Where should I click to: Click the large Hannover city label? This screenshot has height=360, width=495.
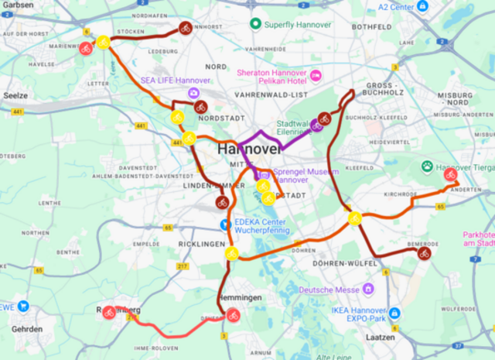pyautogui.click(x=247, y=149)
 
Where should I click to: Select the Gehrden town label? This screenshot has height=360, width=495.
pyautogui.click(x=26, y=329)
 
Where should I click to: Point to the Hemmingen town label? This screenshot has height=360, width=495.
pyautogui.click(x=240, y=298)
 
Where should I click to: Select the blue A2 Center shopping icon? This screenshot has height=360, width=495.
pyautogui.click(x=422, y=6)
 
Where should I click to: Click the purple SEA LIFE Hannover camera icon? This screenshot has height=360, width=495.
pyautogui.click(x=193, y=93)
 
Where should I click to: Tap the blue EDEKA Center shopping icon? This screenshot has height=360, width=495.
pyautogui.click(x=225, y=225)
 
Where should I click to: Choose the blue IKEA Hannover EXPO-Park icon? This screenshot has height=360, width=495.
pyautogui.click(x=394, y=313)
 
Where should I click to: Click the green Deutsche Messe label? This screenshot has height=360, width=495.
pyautogui.click(x=329, y=290)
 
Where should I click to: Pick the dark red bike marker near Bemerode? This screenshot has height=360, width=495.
pyautogui.click(x=423, y=253)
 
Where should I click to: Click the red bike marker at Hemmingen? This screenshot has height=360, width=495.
pyautogui.click(x=232, y=314)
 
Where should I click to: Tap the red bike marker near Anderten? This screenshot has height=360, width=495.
pyautogui.click(x=451, y=175)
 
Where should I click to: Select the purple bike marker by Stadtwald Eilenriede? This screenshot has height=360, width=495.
pyautogui.click(x=317, y=125)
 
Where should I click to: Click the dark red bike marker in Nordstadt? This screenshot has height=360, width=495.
pyautogui.click(x=200, y=108)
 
